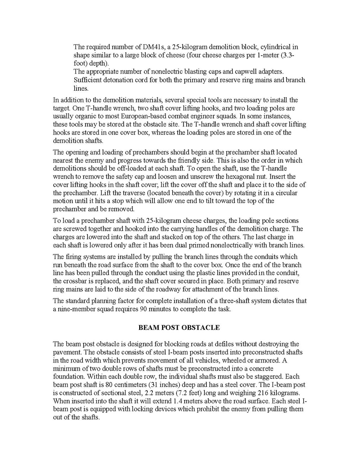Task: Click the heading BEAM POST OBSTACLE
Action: pyautogui.click(x=179, y=328)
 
